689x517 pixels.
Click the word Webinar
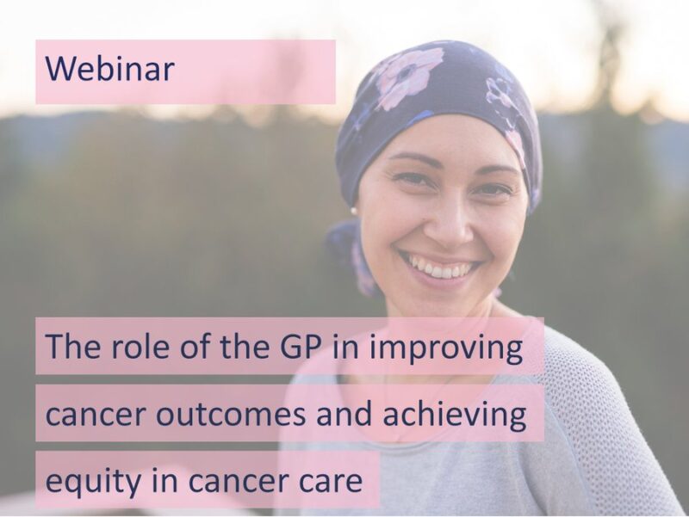coord(110,69)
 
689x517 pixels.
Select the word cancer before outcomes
coord(88,416)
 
